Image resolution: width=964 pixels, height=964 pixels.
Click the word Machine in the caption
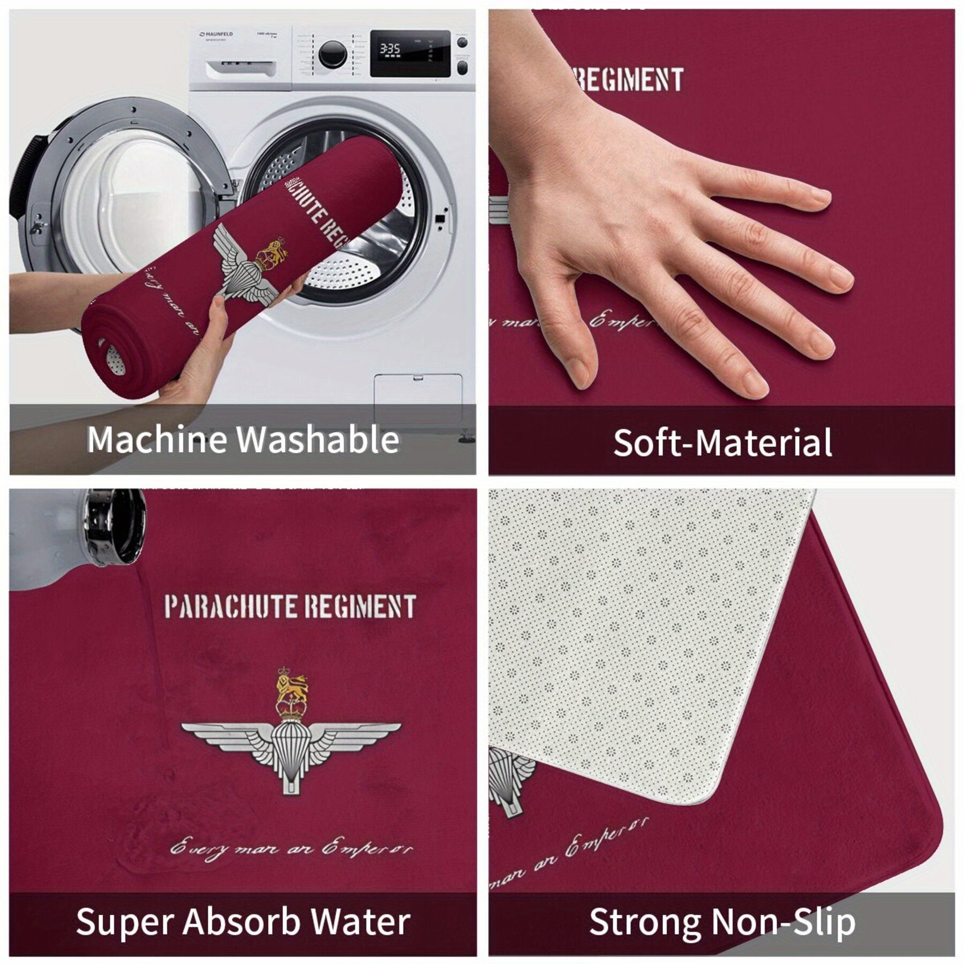[157, 440]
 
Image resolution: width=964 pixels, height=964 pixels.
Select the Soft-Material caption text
[722, 443]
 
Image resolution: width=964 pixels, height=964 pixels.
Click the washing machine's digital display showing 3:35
[390, 49]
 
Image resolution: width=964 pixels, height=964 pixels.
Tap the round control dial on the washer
[333, 54]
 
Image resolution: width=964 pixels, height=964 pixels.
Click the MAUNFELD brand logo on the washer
[216, 34]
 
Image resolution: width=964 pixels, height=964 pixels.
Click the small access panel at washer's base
[418, 399]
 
